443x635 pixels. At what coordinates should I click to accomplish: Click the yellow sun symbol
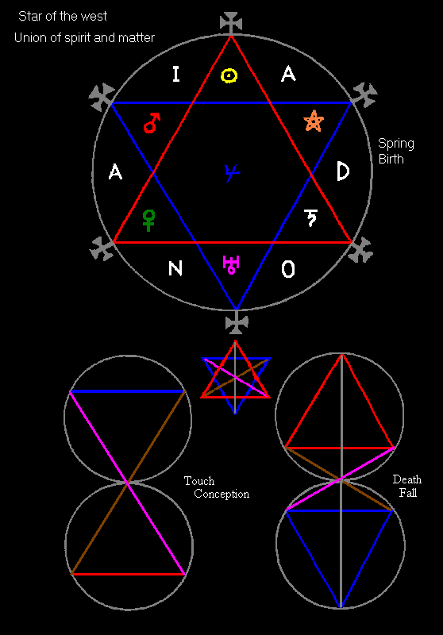[229, 75]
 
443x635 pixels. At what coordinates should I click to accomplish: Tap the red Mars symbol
[152, 123]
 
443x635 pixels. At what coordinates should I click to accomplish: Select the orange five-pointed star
[314, 121]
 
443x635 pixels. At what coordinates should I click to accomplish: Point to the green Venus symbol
[148, 221]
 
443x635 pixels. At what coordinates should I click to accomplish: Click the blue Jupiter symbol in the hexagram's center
[232, 173]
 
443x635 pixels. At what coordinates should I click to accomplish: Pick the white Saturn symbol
[310, 217]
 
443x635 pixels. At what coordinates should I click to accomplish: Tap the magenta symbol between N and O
[231, 265]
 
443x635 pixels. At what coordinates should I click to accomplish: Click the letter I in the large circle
[175, 74]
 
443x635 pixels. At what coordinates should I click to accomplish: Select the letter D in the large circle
[343, 171]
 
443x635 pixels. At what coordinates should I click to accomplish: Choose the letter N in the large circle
[175, 268]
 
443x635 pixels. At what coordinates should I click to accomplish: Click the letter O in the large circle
[288, 269]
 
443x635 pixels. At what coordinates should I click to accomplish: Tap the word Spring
[395, 144]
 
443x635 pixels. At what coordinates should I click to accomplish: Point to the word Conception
[221, 494]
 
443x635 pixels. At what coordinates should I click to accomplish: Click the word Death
[407, 479]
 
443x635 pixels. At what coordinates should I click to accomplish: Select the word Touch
[199, 481]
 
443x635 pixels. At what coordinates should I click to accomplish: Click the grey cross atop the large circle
[231, 23]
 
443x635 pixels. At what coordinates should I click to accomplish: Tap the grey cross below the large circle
[237, 322]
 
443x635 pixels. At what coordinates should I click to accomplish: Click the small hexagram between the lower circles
[235, 377]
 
